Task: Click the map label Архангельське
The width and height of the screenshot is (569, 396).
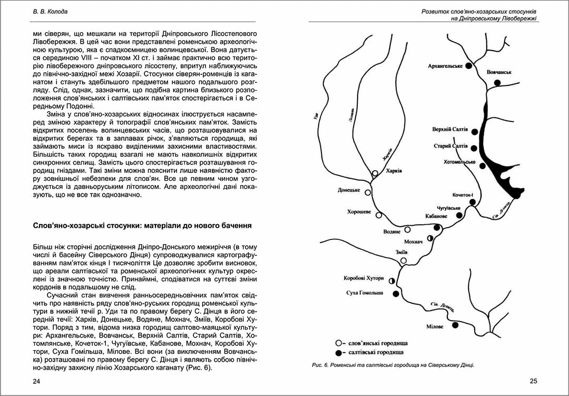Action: click(445, 66)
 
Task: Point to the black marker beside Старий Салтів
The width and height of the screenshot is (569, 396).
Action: click(474, 148)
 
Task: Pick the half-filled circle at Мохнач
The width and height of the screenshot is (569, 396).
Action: click(430, 238)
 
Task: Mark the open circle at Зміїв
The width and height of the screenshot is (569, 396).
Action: click(404, 260)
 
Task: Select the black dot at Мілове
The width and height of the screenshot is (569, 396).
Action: click(455, 325)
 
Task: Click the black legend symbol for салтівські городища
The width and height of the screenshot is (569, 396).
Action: click(338, 352)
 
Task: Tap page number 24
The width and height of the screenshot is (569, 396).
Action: click(36, 381)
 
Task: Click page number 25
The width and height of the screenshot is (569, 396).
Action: click(533, 381)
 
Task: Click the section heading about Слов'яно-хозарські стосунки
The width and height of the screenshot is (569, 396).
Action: click(142, 226)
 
